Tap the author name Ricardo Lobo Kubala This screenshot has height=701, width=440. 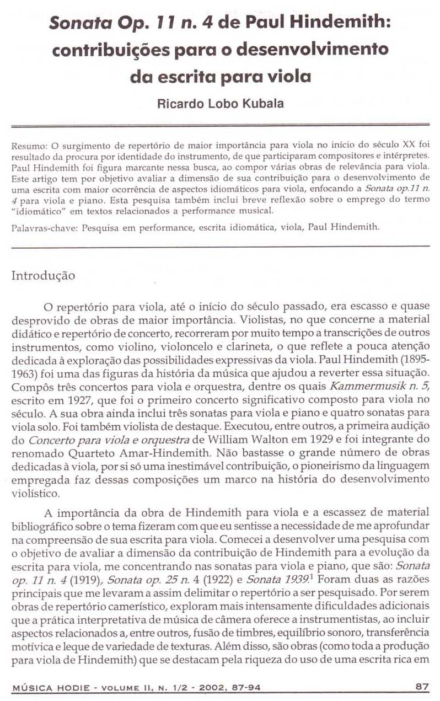coord(219,103)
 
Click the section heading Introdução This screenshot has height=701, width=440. coord(43,275)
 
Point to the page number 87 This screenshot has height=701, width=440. coord(422,686)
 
